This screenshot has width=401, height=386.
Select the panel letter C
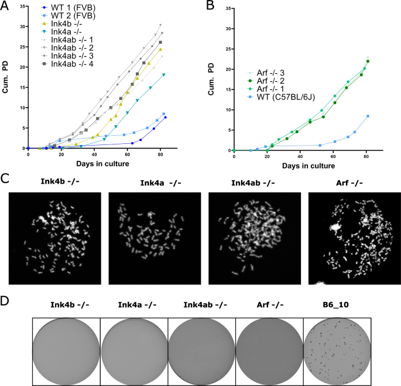click(x=6, y=177)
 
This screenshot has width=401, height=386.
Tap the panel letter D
click(x=6, y=302)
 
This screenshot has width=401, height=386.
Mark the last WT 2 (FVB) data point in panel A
click(x=164, y=114)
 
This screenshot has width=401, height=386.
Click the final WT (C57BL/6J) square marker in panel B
click(x=368, y=116)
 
